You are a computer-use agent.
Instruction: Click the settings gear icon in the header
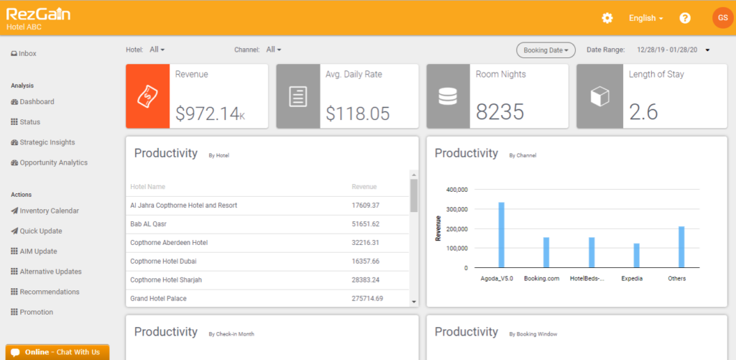607,18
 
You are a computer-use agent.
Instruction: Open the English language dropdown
645,18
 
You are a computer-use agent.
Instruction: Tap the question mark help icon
685,18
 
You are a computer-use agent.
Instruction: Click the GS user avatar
722,18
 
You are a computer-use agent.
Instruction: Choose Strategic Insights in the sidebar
47,142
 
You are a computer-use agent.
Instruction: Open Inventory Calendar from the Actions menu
49,211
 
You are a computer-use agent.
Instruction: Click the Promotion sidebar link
36,312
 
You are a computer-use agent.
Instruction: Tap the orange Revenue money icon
148,96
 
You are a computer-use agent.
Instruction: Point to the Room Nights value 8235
500,112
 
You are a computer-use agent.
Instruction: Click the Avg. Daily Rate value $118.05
357,113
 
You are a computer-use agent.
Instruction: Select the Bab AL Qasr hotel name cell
149,224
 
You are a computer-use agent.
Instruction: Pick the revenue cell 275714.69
367,298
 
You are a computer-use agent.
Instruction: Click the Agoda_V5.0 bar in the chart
501,235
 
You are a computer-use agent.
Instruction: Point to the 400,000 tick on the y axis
456,190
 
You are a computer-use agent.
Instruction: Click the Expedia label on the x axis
632,278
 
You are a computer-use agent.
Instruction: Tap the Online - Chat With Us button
57,352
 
